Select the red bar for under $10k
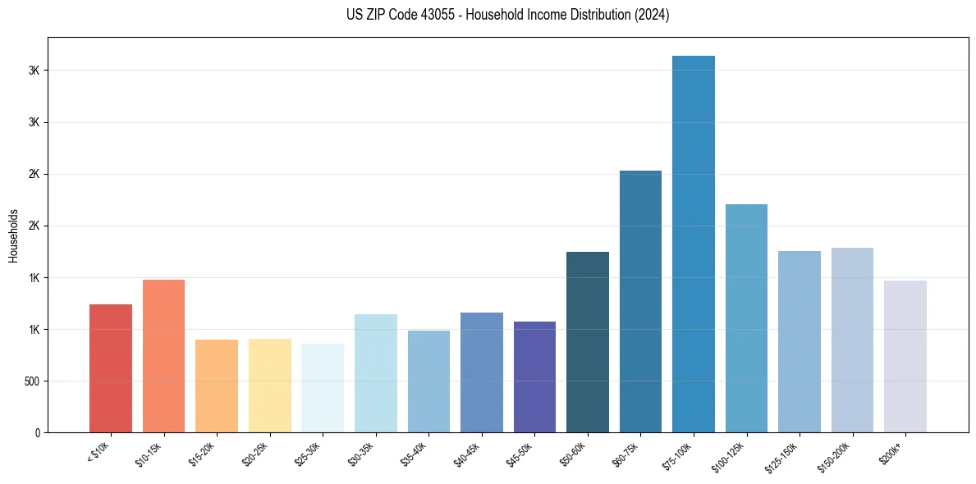point(111,368)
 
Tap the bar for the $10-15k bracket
point(163,356)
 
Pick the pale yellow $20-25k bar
point(270,386)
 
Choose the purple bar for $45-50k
point(534,377)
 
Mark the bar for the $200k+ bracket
point(905,356)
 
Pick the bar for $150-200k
point(852,340)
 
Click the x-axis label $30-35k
point(360,453)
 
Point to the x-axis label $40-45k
point(466,453)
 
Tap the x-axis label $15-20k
point(202,453)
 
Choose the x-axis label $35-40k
point(414,453)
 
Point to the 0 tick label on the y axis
point(37,433)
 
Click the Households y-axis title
point(13,235)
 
